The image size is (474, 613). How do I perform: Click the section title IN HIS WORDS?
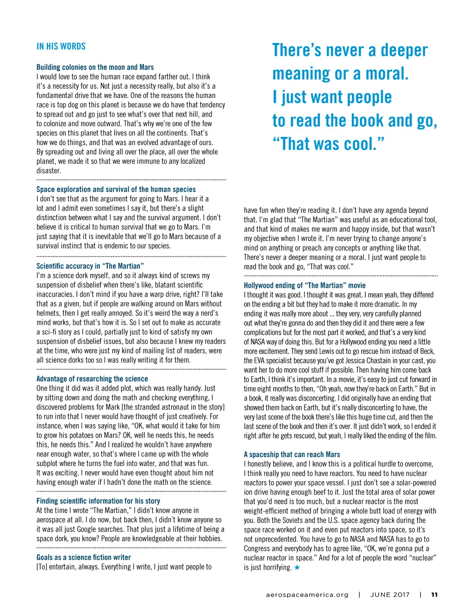tap(61, 46)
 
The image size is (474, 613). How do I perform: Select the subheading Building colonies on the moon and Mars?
tap(95, 67)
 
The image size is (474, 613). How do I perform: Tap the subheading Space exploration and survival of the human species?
tap(116, 189)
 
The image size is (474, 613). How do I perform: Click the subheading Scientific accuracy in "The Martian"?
tap(90, 266)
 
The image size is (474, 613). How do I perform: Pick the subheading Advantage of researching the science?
tap(92, 379)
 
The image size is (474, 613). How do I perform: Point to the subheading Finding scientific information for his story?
tap(98, 501)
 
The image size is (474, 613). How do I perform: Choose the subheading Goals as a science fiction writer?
tap(83, 557)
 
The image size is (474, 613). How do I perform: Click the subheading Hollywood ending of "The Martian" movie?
tap(305, 285)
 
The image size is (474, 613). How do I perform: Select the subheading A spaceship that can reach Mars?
tap(292, 455)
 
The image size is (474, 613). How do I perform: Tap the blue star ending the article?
tap(297, 567)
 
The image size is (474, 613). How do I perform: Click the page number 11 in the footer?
tap(434, 595)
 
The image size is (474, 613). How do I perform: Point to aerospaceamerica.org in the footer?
tap(307, 595)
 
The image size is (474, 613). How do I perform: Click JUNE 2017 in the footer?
tap(390, 595)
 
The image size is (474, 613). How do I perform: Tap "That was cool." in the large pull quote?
tap(328, 144)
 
